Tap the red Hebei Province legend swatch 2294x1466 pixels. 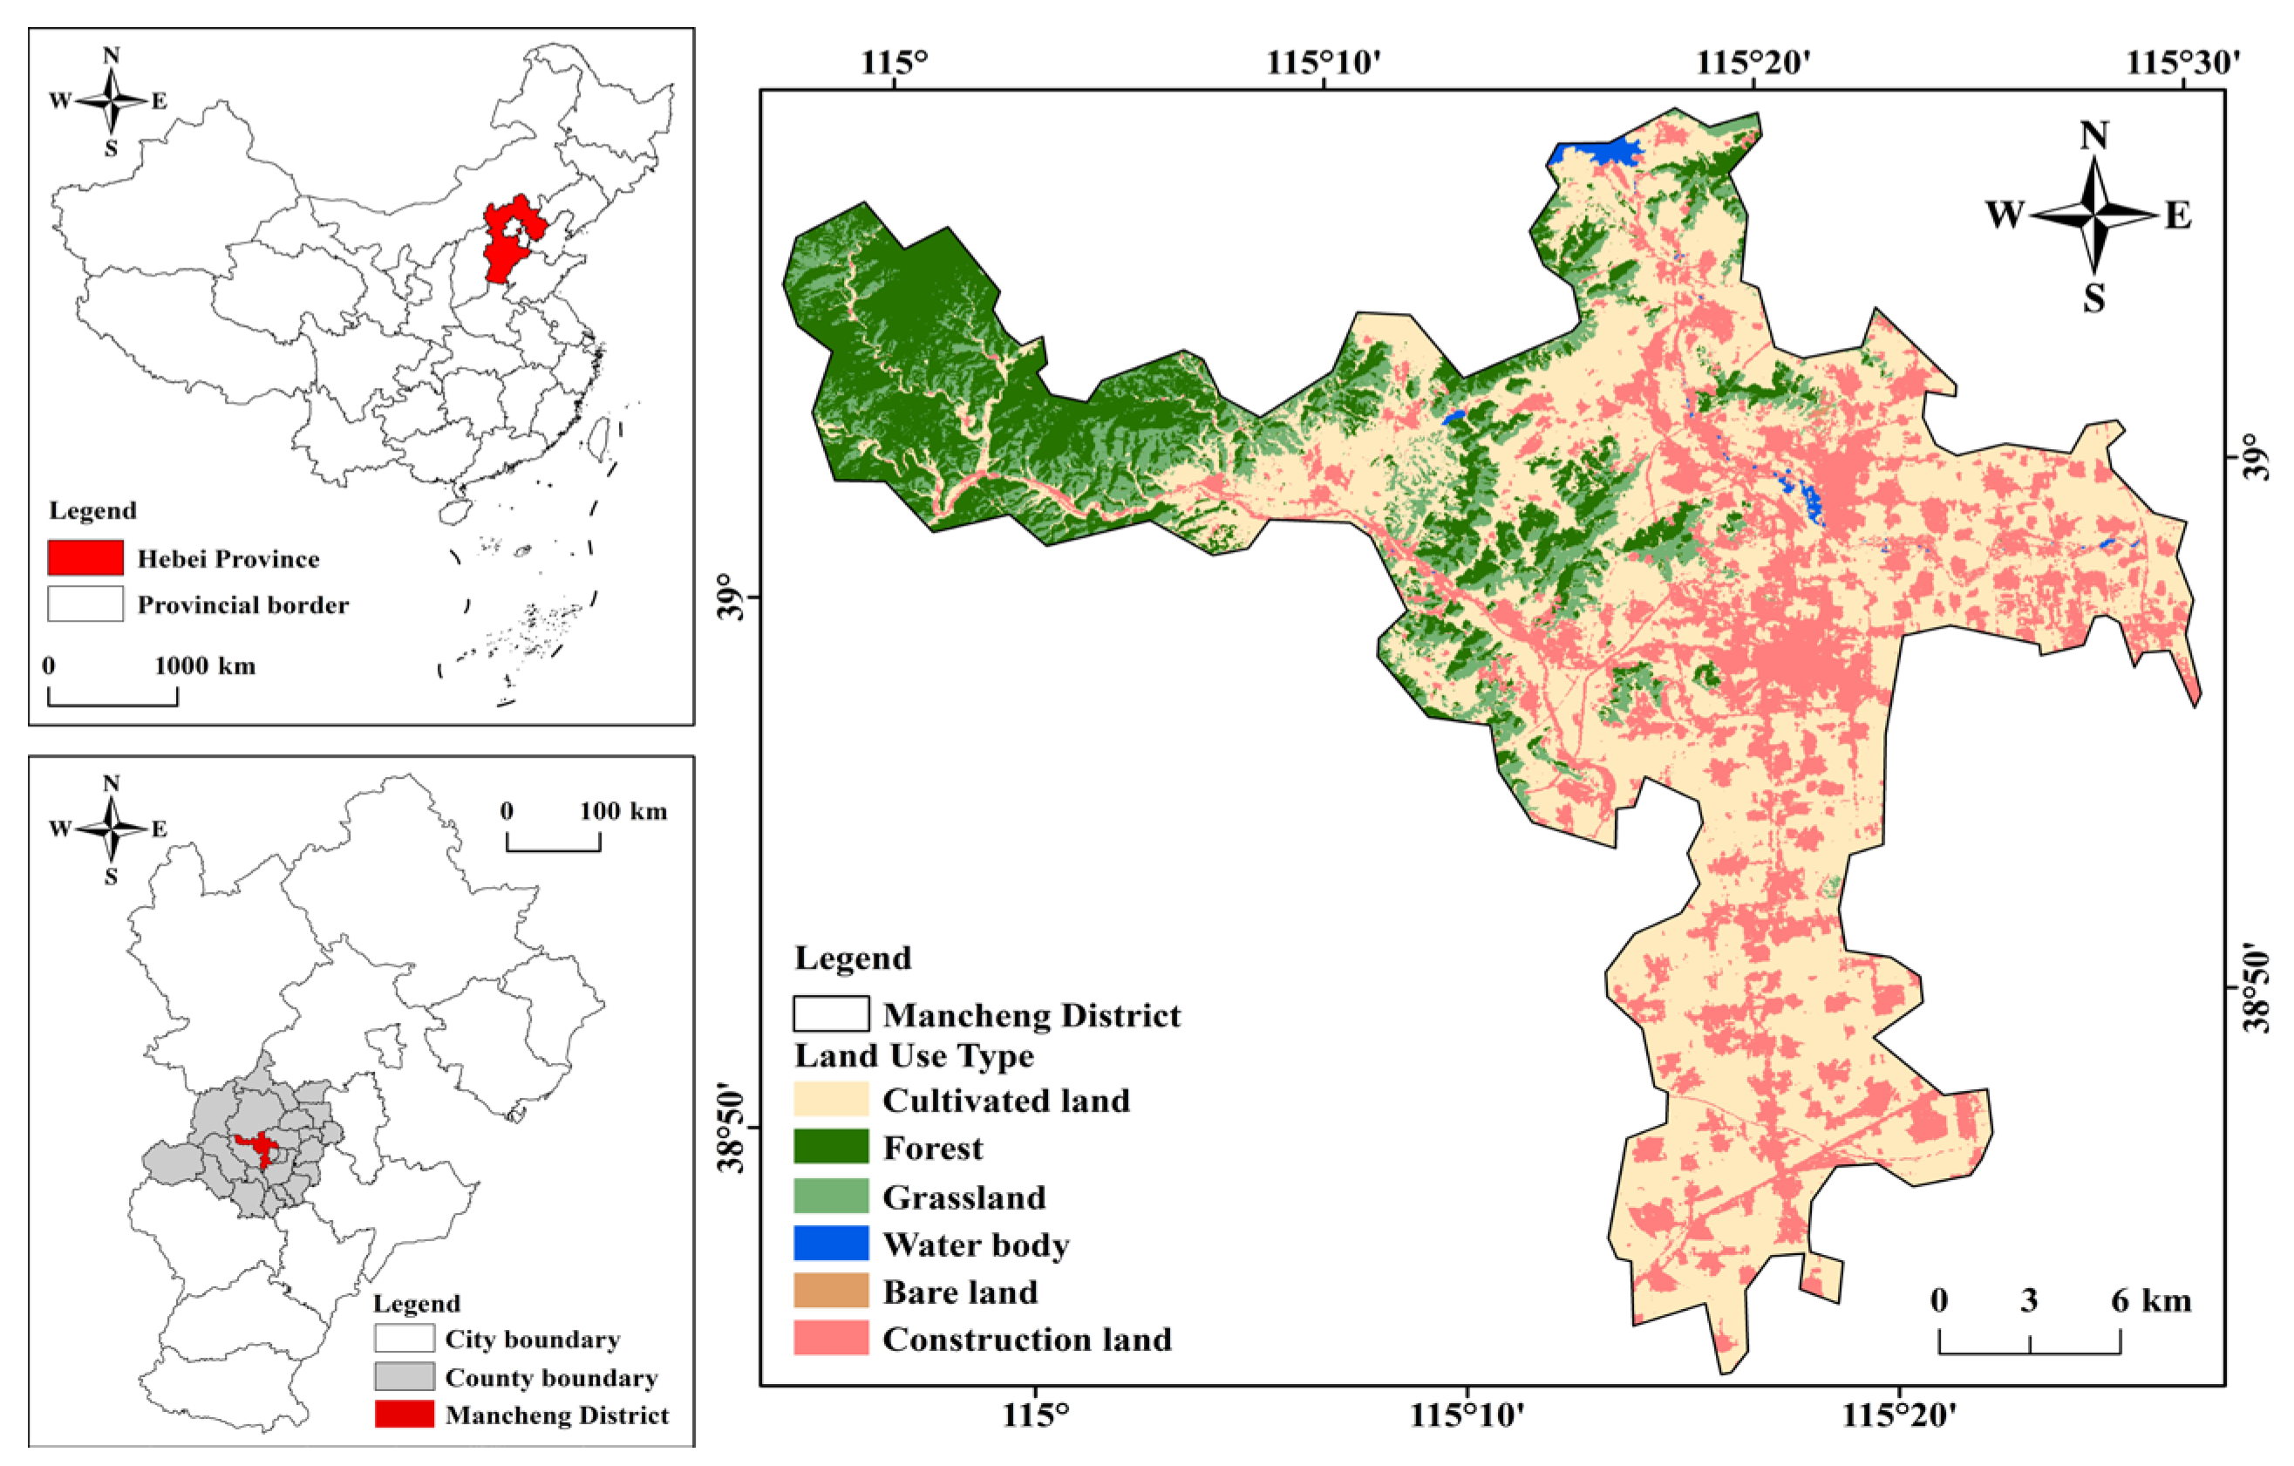tap(85, 558)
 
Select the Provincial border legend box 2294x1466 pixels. tap(85, 603)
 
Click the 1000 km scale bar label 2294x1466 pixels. tap(205, 665)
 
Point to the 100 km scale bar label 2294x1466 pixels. tap(623, 812)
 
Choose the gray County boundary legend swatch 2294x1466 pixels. tap(404, 1376)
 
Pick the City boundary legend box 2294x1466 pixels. tap(404, 1339)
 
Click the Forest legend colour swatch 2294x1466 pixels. tap(831, 1147)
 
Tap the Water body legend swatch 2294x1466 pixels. tap(831, 1243)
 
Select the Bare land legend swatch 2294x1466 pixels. tap(831, 1291)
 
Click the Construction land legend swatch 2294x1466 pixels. tap(831, 1338)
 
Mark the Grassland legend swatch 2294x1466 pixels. tap(831, 1196)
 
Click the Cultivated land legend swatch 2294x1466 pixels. tap(831, 1099)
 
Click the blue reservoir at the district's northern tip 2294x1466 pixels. tap(1601, 153)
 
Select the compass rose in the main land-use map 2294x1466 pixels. tap(2093, 215)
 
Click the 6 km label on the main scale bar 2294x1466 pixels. tap(2150, 1301)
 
